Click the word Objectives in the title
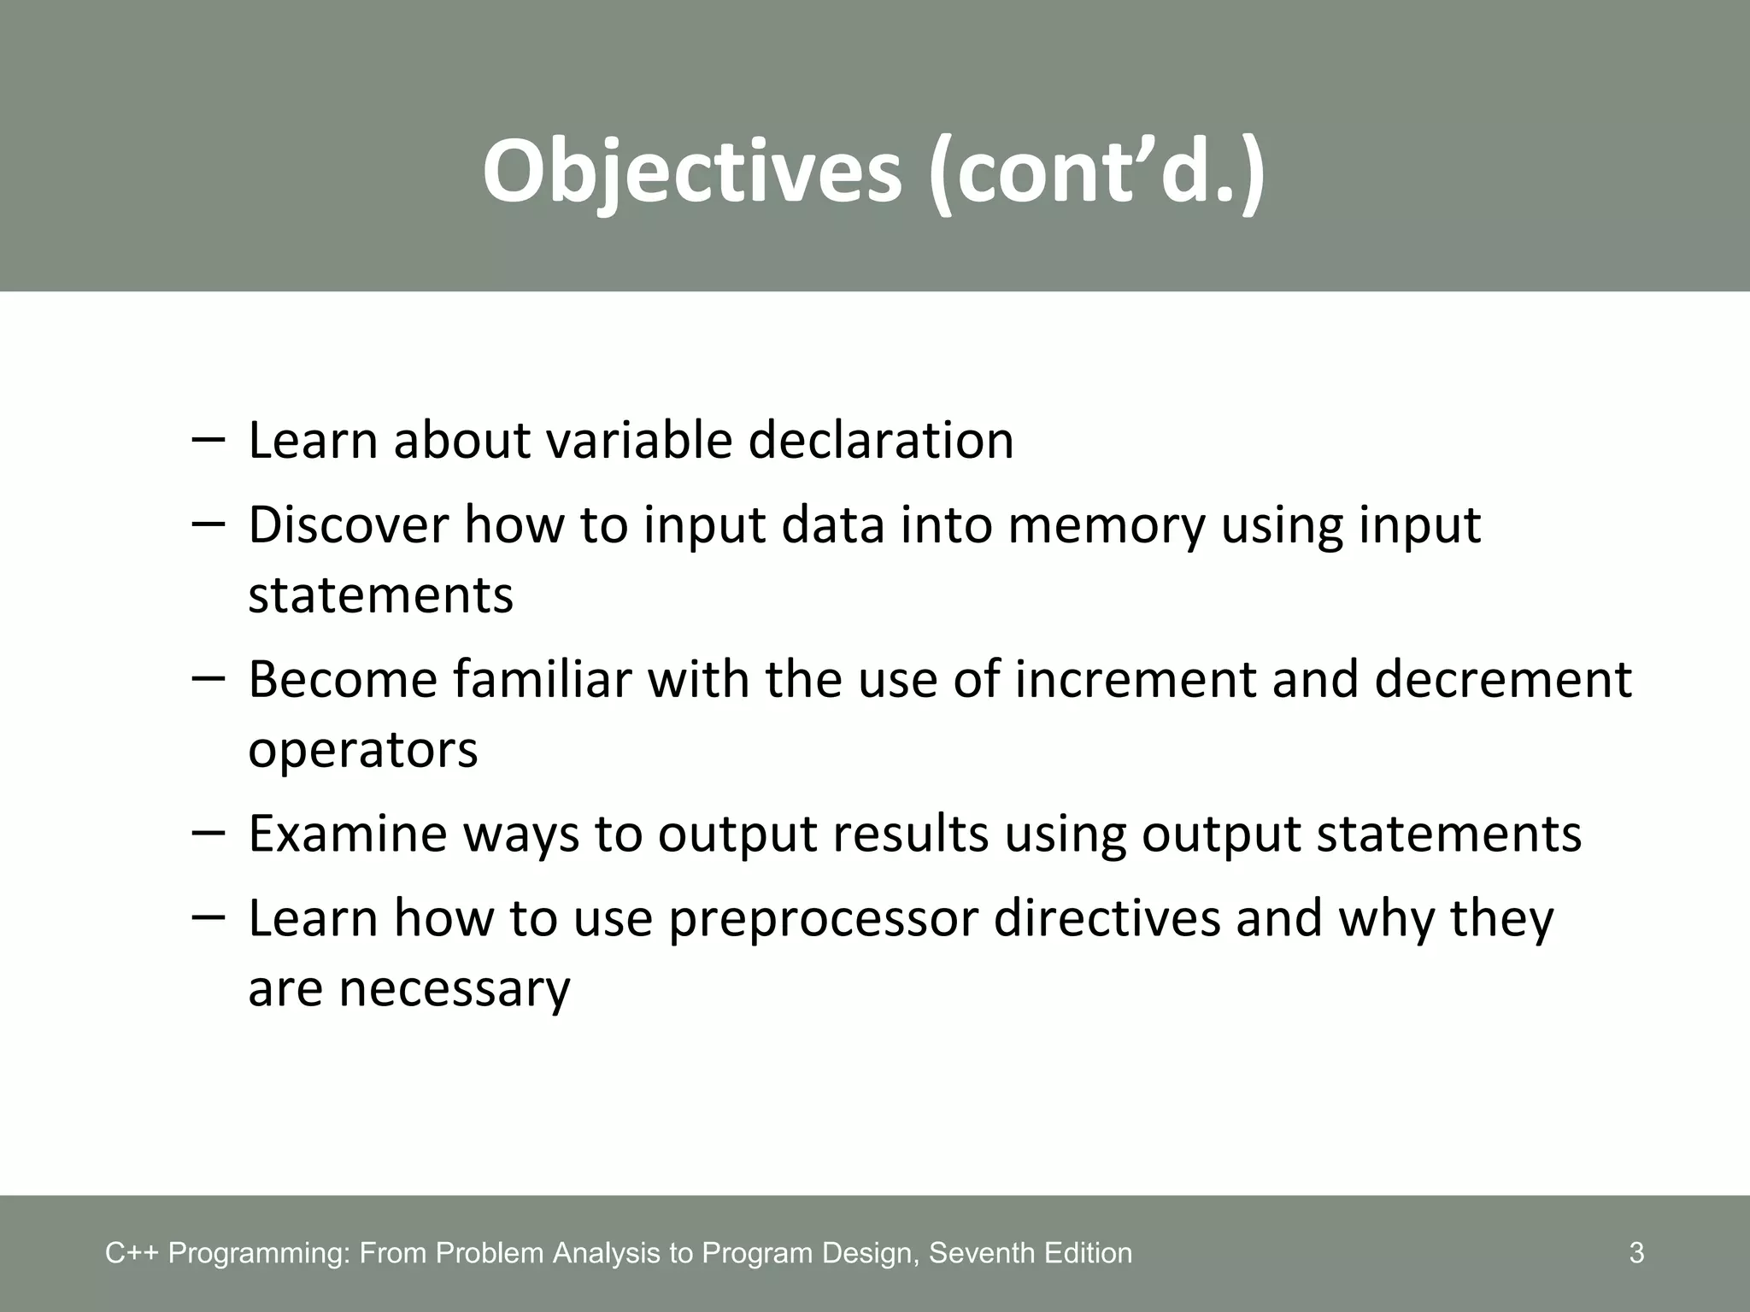click(x=692, y=171)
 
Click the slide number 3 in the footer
click(x=1636, y=1253)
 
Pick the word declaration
click(x=881, y=441)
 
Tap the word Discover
click(x=348, y=524)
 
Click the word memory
click(x=1106, y=524)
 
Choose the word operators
click(x=363, y=749)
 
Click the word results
click(x=910, y=834)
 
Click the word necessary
click(x=455, y=989)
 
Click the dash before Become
click(x=208, y=677)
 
